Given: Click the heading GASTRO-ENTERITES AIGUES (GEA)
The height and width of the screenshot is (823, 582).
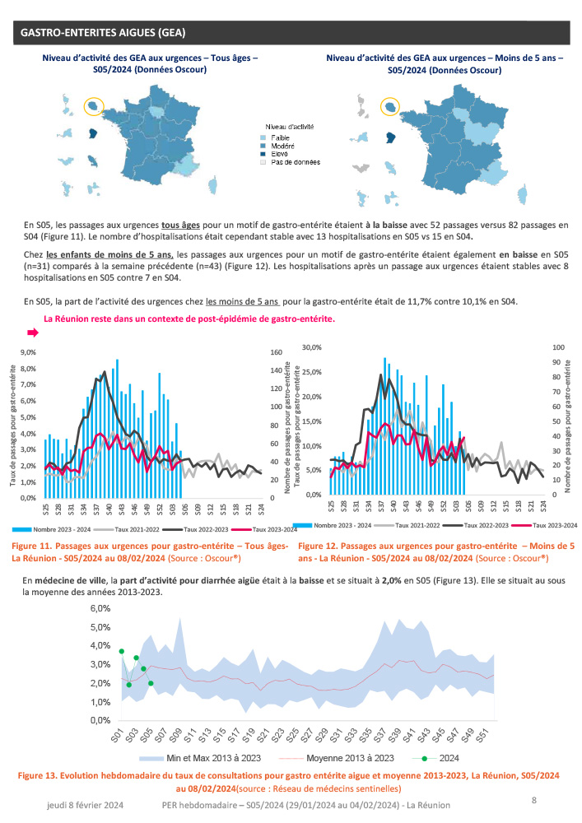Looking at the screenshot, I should (x=103, y=32).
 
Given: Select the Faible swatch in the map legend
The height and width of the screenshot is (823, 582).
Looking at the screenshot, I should (x=263, y=137).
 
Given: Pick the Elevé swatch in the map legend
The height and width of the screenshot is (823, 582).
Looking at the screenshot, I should (x=263, y=154).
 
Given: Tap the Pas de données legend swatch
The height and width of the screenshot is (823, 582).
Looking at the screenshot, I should (x=263, y=162).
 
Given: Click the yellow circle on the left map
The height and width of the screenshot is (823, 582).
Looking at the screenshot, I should (x=94, y=106).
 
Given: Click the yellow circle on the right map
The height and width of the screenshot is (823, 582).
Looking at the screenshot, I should (x=390, y=106).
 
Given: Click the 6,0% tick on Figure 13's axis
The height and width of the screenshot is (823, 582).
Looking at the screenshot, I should (x=100, y=609).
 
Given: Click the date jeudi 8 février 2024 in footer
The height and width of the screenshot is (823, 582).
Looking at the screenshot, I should (x=85, y=809).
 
